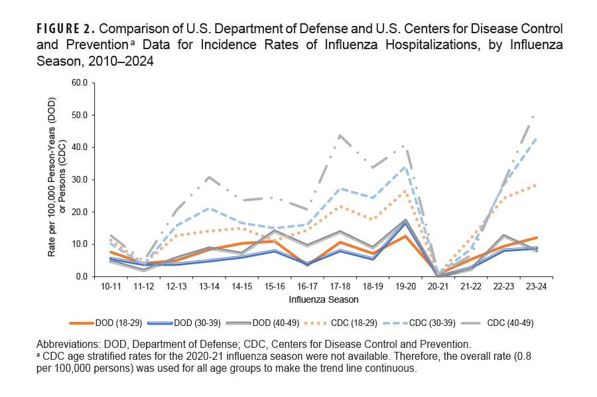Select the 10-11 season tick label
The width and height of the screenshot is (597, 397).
point(112,287)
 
